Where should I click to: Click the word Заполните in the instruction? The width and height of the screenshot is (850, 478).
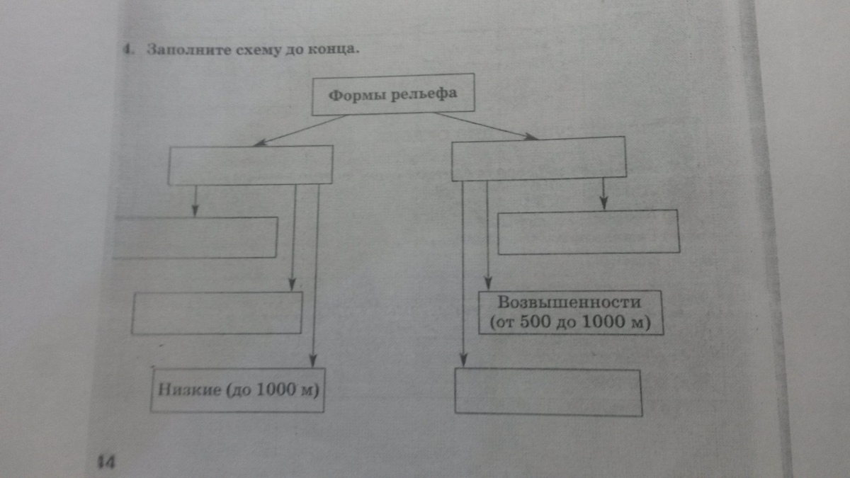coord(181,51)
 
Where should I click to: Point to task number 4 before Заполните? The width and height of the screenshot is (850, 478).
coord(125,51)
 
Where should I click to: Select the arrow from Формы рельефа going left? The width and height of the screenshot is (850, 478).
coord(297,131)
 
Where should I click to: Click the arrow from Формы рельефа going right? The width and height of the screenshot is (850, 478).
coord(489,126)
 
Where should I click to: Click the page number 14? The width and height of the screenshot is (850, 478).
coord(106,462)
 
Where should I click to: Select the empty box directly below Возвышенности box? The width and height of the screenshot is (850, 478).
coord(548,392)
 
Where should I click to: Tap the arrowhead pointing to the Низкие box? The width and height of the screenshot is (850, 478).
coord(313,362)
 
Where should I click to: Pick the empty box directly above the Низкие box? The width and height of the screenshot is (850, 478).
coord(217,312)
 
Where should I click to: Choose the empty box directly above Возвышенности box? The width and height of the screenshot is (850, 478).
coord(588,232)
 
